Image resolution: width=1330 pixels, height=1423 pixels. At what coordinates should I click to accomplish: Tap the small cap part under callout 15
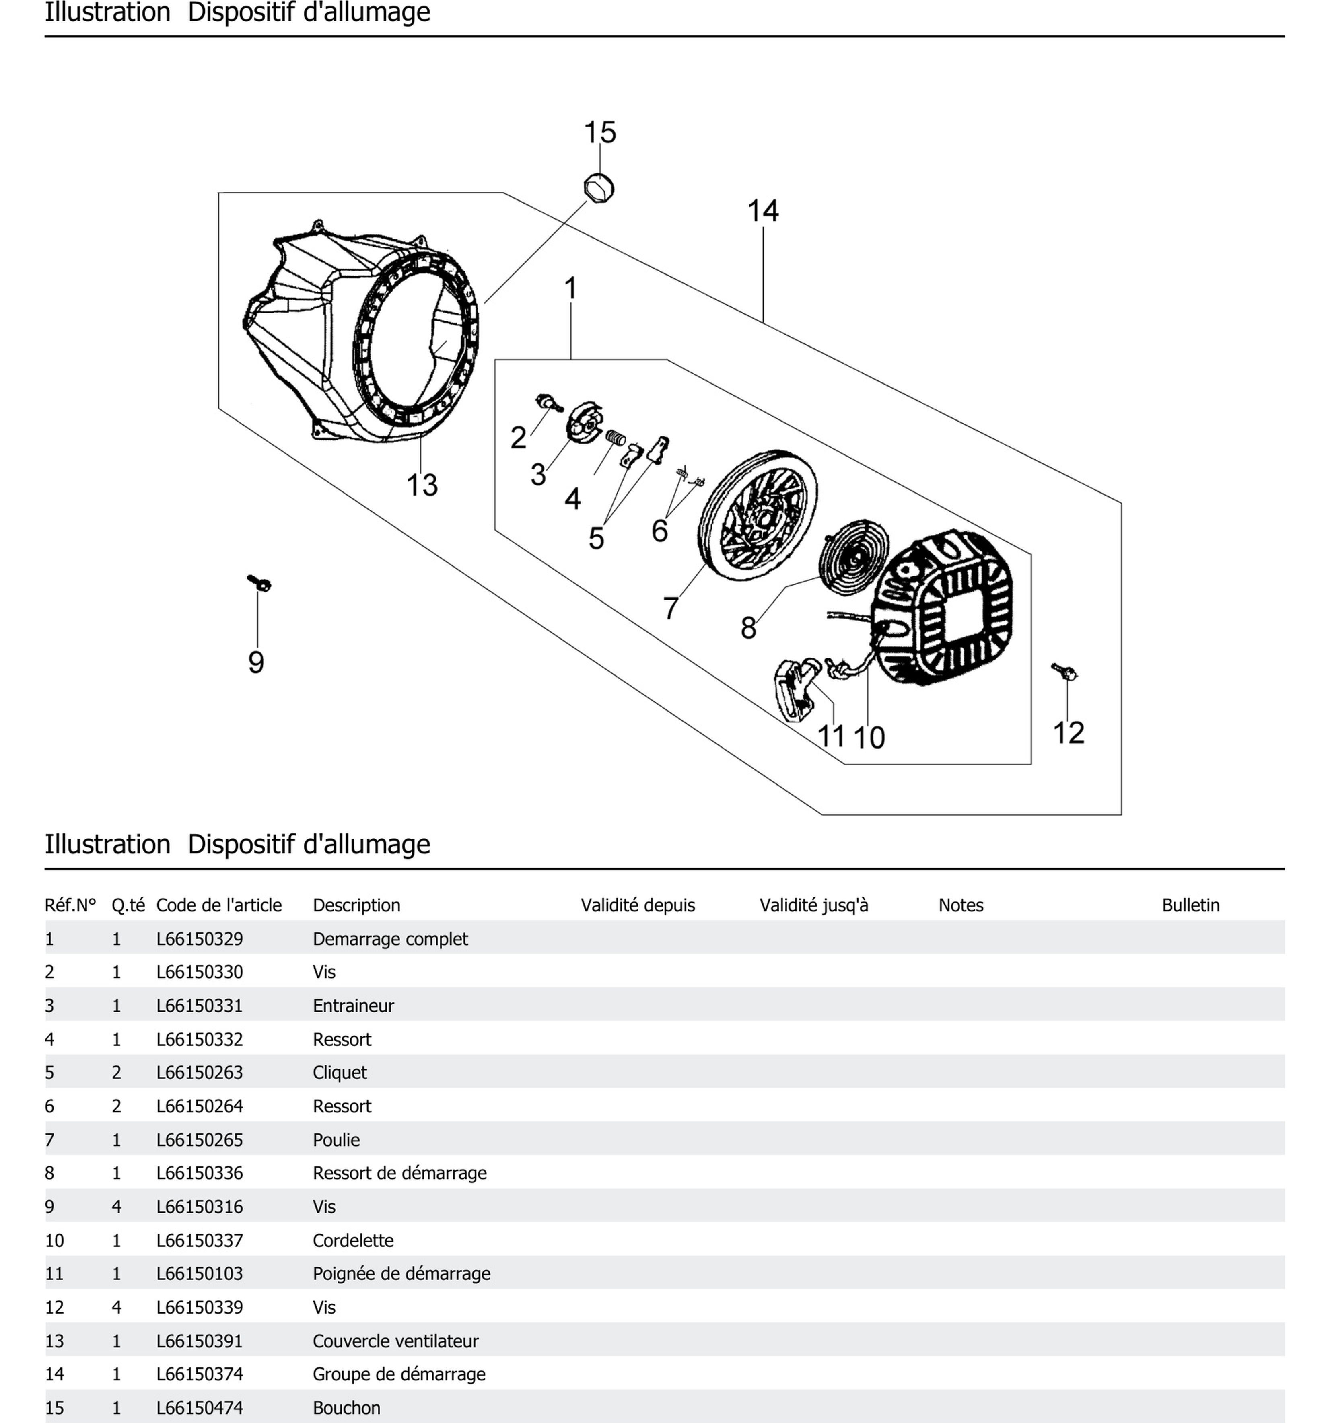tap(599, 188)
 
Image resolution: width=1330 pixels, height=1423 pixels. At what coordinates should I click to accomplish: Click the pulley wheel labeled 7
tap(758, 515)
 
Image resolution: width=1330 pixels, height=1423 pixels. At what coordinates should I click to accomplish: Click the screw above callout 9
tap(259, 583)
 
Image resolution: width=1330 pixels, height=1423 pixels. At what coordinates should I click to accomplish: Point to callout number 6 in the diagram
tap(659, 531)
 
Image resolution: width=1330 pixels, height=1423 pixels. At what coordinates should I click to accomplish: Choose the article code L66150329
tap(200, 938)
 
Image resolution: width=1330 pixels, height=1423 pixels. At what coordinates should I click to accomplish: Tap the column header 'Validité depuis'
tap(637, 905)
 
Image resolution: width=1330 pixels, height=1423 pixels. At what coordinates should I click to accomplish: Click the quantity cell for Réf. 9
tap(117, 1207)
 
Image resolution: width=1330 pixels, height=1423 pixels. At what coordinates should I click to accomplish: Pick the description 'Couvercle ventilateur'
tap(395, 1341)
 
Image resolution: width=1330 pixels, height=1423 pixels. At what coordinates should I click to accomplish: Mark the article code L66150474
tap(200, 1407)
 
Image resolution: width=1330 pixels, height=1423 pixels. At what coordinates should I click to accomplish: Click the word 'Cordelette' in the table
tap(353, 1240)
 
